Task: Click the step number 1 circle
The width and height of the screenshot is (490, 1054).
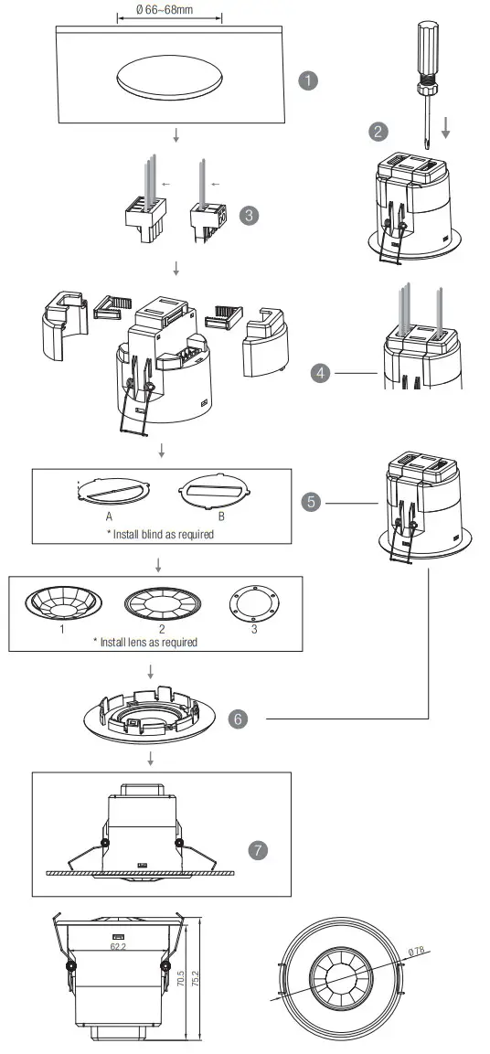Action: tap(309, 80)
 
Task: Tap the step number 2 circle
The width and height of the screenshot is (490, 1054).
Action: tap(378, 132)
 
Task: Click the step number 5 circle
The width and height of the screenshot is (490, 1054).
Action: tap(313, 502)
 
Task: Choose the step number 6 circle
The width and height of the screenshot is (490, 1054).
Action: tap(238, 719)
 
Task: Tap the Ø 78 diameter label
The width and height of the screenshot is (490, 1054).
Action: tap(419, 952)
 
